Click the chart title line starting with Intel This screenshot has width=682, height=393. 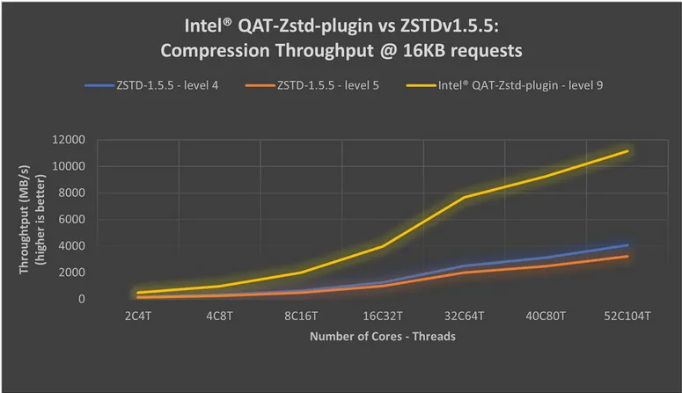tap(341, 24)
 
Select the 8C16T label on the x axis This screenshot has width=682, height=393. tap(304, 315)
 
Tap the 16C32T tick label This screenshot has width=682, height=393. tap(384, 315)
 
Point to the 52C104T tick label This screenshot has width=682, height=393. tap(627, 315)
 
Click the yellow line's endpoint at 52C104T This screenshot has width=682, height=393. tap(627, 151)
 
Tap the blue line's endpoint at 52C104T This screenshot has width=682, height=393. tap(627, 244)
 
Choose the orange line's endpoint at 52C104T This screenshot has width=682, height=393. tap(627, 256)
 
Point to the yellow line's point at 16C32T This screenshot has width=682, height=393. tap(384, 245)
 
